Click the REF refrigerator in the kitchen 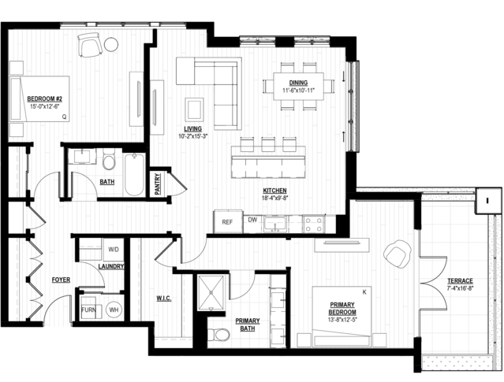click(x=228, y=221)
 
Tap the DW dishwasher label click(x=252, y=220)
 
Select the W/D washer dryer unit click(x=113, y=250)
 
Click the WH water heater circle click(x=114, y=310)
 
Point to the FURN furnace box click(x=88, y=310)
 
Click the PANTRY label click(x=157, y=184)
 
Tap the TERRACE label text click(x=460, y=281)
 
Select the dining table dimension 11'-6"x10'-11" click(x=298, y=91)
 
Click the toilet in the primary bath click(x=218, y=335)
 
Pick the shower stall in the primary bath click(x=211, y=292)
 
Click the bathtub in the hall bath click(x=134, y=175)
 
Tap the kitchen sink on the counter click(x=275, y=224)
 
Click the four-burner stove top click(x=314, y=224)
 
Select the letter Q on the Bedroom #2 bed click(x=65, y=117)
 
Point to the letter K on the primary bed click(x=364, y=292)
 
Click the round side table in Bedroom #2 click(x=111, y=44)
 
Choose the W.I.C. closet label click(x=164, y=299)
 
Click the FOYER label click(x=61, y=280)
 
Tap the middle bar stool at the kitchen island click(x=268, y=144)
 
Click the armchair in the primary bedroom click(x=398, y=253)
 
